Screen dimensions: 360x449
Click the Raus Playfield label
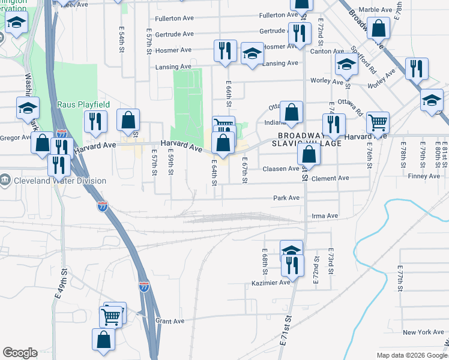click(83, 104)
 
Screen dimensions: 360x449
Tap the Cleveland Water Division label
click(61, 181)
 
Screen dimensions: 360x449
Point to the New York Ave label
click(423, 332)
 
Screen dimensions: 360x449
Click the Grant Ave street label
click(169, 321)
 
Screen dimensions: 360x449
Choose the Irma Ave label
click(325, 216)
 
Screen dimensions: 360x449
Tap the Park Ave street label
click(286, 198)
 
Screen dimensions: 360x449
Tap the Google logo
click(20, 353)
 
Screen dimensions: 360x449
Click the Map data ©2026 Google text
click(412, 355)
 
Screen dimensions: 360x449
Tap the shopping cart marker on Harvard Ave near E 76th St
click(378, 122)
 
